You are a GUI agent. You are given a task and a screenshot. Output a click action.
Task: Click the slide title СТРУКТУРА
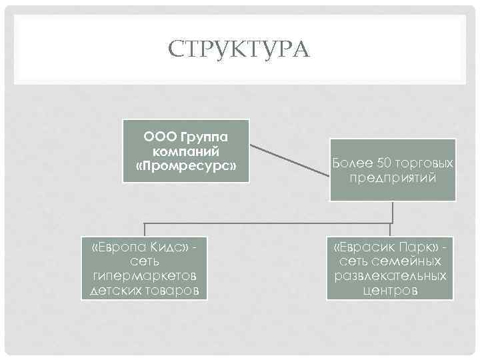pyautogui.click(x=239, y=49)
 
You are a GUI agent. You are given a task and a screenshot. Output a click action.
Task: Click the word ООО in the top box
pyautogui.click(x=159, y=137)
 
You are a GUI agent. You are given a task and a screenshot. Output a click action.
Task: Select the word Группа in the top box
pyautogui.click(x=204, y=137)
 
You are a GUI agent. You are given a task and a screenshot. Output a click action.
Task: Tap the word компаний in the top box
pyautogui.click(x=186, y=151)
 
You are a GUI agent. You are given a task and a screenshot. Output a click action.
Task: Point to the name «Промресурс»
pyautogui.click(x=186, y=165)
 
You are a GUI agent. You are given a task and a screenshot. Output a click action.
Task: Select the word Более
pyautogui.click(x=350, y=163)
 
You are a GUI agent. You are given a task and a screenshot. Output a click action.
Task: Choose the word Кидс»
pyautogui.click(x=167, y=249)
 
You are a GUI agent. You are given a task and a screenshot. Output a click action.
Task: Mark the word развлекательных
pyautogui.click(x=391, y=277)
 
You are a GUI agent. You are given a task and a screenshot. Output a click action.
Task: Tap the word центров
pyautogui.click(x=391, y=291)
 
